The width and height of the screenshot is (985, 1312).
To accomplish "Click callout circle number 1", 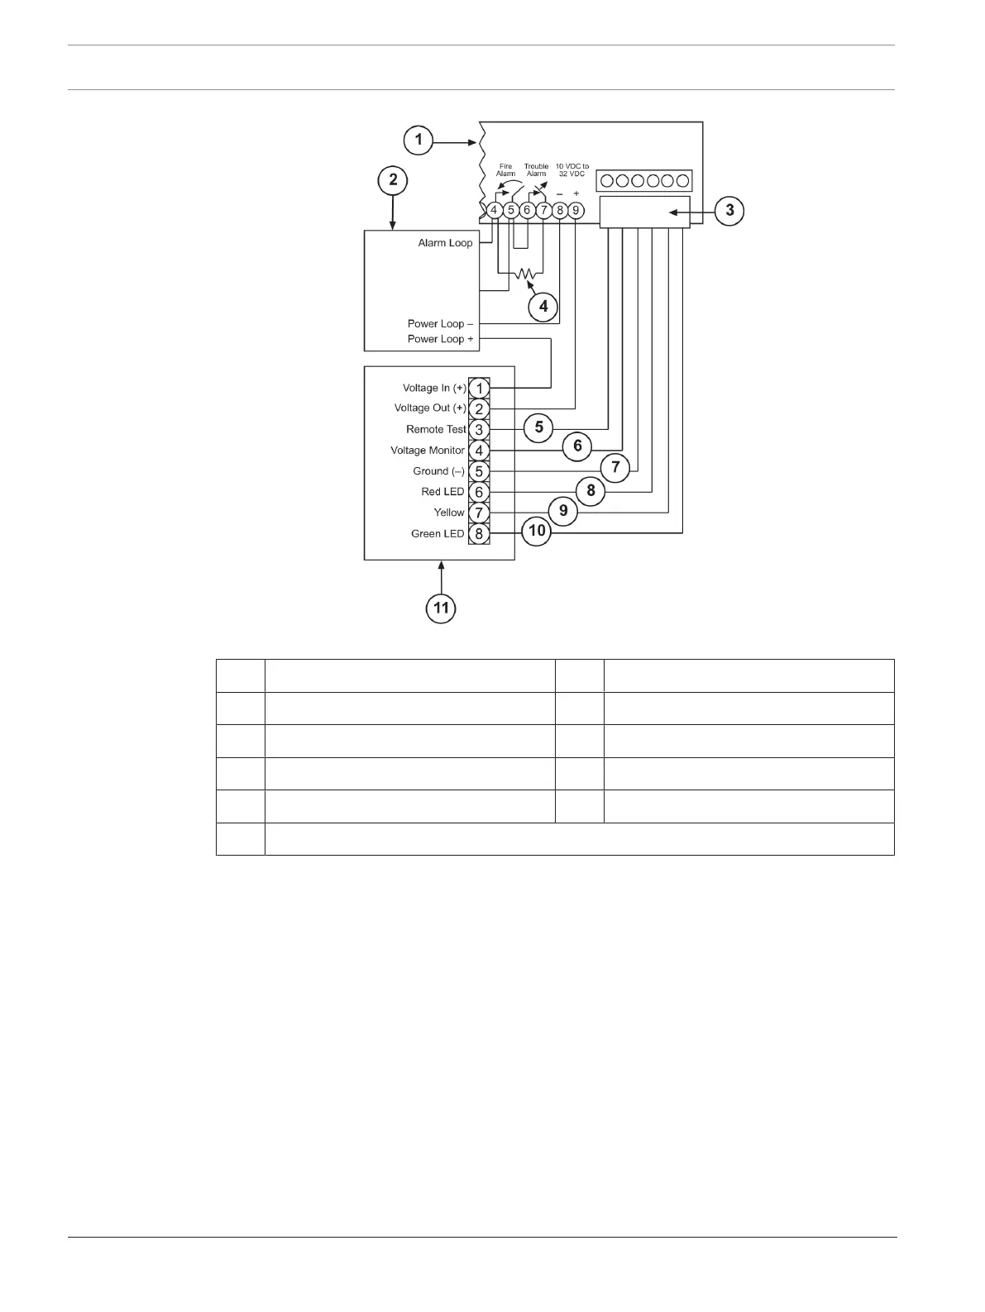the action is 418,140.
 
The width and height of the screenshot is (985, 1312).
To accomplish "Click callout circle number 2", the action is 393,179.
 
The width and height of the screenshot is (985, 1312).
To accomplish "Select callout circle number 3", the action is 729,211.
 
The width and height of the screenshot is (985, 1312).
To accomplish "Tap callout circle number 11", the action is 442,608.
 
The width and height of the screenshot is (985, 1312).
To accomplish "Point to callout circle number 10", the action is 538,531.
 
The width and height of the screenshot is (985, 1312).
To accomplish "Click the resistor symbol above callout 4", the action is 524,273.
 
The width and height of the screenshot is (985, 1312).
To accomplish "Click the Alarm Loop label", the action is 445,243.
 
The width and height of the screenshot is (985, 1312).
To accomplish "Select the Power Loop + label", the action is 440,339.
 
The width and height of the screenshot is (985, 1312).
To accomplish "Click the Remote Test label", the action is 436,429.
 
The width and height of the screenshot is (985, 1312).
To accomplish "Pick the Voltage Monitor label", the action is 428,451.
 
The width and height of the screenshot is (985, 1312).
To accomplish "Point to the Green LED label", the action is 438,534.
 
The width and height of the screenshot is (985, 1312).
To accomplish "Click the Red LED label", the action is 442,492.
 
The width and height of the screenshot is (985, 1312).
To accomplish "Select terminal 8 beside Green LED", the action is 479,534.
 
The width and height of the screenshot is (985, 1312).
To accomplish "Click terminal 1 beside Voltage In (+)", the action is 479,388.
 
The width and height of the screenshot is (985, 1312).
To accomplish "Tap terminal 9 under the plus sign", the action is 576,210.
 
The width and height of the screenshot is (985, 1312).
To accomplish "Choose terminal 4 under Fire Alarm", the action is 494,210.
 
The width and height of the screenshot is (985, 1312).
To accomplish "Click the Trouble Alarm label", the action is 536,170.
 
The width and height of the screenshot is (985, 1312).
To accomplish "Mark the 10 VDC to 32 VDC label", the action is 571,170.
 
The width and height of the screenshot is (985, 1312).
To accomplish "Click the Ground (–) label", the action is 438,471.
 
